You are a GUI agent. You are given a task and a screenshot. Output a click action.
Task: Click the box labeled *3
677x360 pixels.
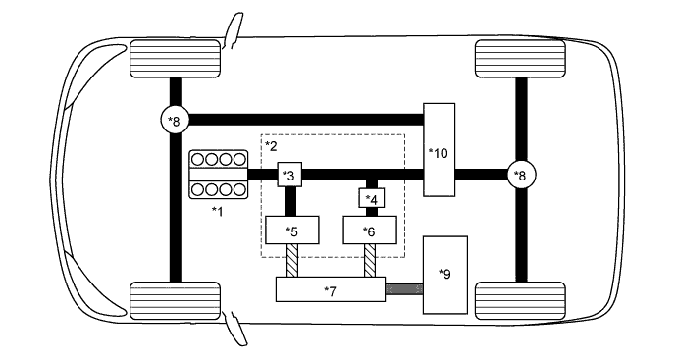(x=288, y=175)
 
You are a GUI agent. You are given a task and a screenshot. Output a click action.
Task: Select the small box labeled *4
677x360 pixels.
(x=372, y=199)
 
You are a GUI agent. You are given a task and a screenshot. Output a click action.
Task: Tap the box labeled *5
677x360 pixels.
(x=290, y=231)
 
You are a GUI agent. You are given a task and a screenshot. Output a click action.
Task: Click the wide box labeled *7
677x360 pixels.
(x=330, y=290)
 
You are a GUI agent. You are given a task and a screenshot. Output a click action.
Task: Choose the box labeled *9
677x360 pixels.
(x=445, y=274)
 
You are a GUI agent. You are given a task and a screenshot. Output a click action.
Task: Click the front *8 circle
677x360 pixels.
(x=175, y=120)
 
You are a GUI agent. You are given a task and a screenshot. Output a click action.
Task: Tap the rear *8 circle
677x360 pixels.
(x=520, y=175)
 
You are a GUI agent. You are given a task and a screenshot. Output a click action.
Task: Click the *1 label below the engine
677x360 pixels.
(x=218, y=211)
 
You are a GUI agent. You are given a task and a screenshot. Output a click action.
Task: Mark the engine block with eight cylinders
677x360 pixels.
(x=218, y=175)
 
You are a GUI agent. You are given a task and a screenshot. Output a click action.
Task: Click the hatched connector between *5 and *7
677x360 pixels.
(x=291, y=262)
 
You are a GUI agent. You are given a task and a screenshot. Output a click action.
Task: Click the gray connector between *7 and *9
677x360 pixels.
(x=402, y=289)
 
